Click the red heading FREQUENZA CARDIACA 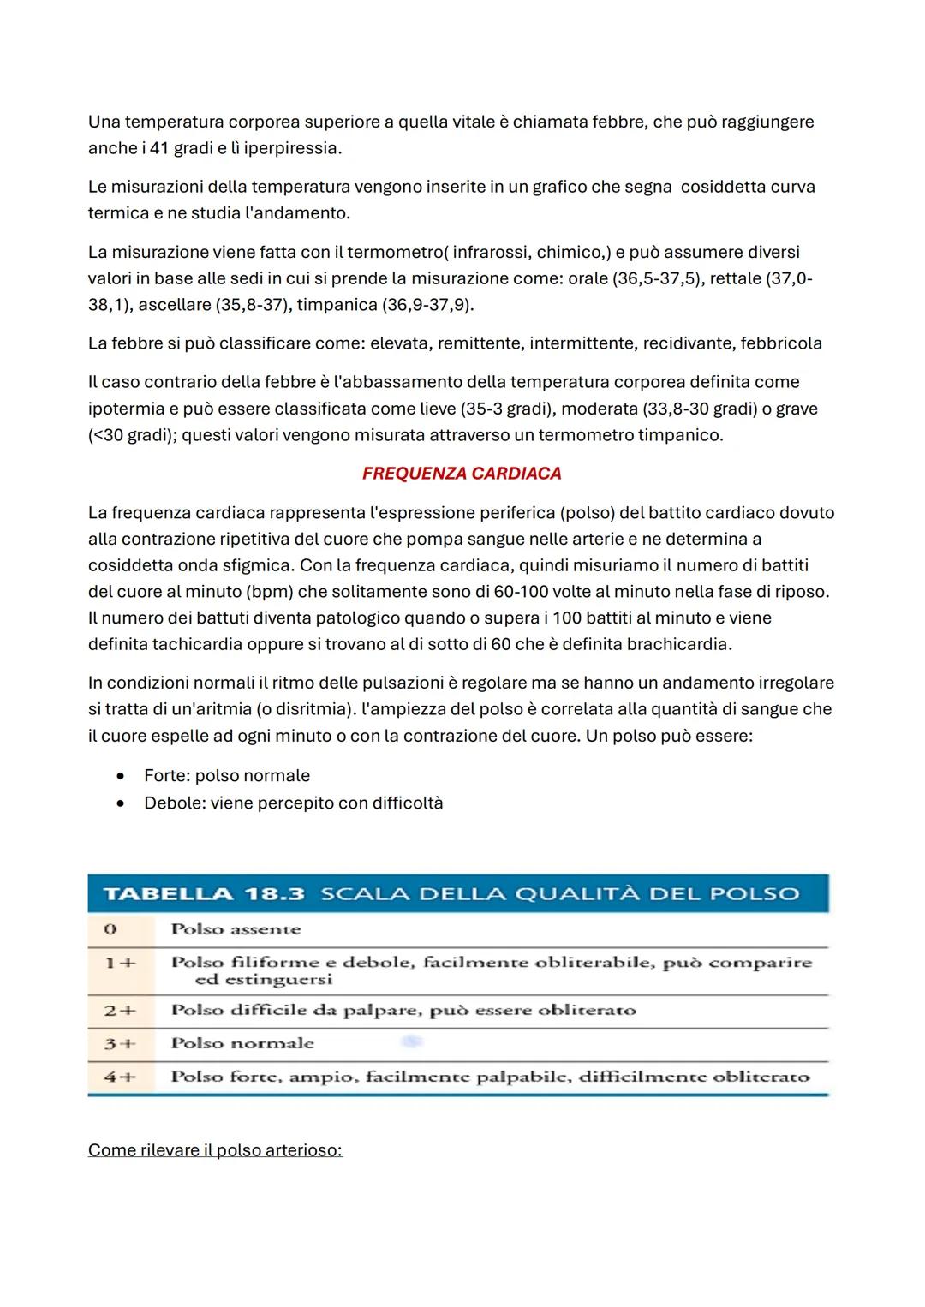pyautogui.click(x=462, y=474)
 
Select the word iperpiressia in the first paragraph pyautogui.click(x=291, y=148)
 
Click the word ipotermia pyautogui.click(x=126, y=409)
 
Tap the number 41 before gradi pyautogui.click(x=159, y=148)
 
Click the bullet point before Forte pyautogui.click(x=123, y=776)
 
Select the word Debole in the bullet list pyautogui.click(x=174, y=803)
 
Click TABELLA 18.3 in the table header pyautogui.click(x=204, y=894)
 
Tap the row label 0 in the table pyautogui.click(x=110, y=929)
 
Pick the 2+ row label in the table pyautogui.click(x=120, y=1011)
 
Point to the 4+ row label pyautogui.click(x=120, y=1077)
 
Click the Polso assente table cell pyautogui.click(x=236, y=929)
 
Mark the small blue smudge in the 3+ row pyautogui.click(x=412, y=1042)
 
